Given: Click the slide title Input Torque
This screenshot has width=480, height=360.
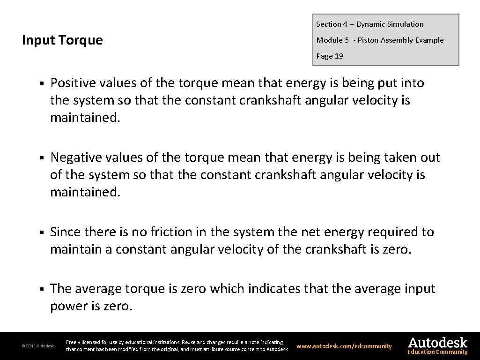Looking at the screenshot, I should (62, 40).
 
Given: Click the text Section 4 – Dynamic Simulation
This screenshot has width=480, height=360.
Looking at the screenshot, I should (369, 24).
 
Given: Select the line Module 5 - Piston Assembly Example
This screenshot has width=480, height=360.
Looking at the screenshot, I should (380, 40).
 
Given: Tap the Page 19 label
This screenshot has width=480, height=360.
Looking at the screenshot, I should (330, 56).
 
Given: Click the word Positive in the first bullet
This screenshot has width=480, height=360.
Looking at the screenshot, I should (73, 83).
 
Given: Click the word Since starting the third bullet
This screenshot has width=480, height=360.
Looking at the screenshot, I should (65, 232).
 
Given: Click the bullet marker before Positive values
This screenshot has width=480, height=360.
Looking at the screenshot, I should (42, 84).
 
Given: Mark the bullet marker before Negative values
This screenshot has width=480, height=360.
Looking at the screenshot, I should (42, 158).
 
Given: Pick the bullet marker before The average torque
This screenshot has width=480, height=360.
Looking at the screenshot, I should (42, 290).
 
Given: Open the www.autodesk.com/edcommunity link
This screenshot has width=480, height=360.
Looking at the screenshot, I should (344, 346).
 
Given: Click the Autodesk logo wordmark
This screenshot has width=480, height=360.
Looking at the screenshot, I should (438, 343).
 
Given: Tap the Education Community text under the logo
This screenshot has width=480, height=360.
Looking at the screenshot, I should (437, 352).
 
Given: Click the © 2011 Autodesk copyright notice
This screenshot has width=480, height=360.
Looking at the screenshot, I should (38, 346).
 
